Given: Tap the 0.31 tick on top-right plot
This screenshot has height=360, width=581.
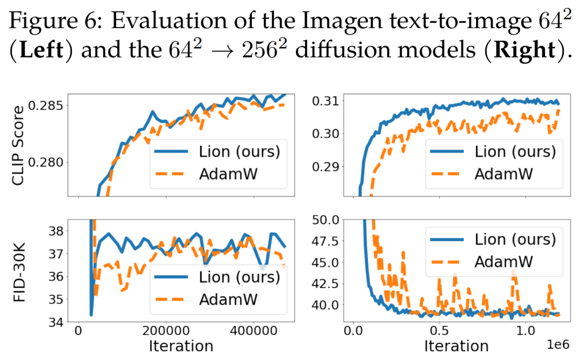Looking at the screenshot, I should pyautogui.click(x=325, y=100).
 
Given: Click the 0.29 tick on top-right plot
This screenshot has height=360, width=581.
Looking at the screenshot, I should pyautogui.click(x=325, y=166).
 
